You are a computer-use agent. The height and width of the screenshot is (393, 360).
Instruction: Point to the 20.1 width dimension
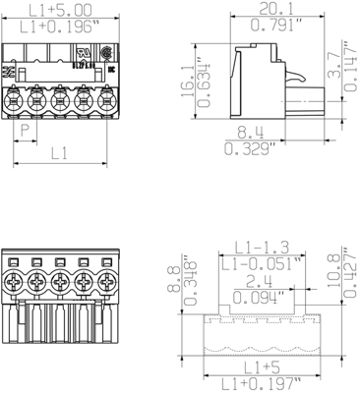[x=265, y=9]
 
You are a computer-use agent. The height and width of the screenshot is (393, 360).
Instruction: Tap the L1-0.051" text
[x=260, y=263]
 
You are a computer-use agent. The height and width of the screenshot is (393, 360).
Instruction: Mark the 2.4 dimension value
[x=261, y=279]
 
